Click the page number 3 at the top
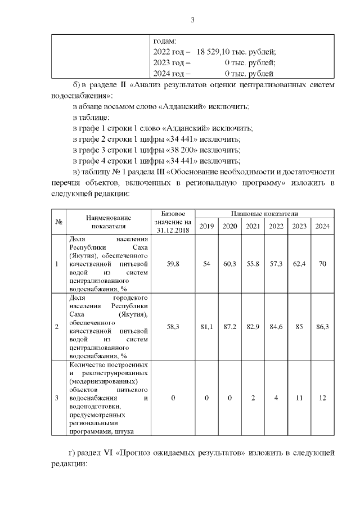click(x=192, y=21)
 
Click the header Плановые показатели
click(x=264, y=214)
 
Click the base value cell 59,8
click(x=173, y=264)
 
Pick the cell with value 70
click(x=322, y=264)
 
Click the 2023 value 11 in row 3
click(x=299, y=398)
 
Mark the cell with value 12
click(x=322, y=398)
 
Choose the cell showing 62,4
click(x=299, y=264)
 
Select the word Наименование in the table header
click(x=109, y=218)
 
